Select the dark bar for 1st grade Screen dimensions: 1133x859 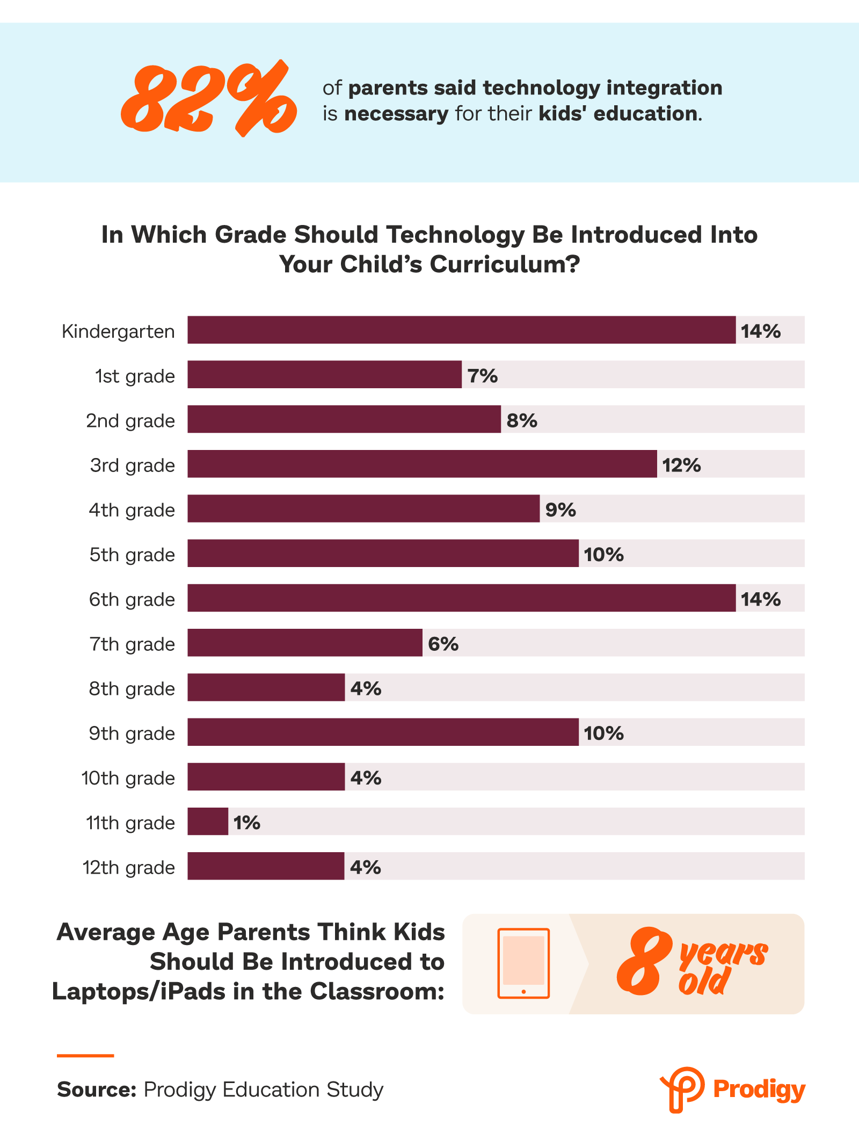tap(324, 374)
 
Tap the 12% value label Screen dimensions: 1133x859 tap(681, 465)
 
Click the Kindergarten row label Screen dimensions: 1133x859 tap(118, 331)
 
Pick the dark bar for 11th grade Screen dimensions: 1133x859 tap(207, 822)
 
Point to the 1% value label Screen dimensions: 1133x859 tap(246, 823)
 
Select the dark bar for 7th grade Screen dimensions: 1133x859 tap(304, 643)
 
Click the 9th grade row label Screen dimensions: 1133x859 tap(132, 733)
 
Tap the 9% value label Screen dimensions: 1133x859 tap(560, 510)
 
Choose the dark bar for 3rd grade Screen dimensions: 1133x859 tap(422, 464)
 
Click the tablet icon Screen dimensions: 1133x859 tap(523, 963)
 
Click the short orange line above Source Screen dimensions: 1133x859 tap(85, 1056)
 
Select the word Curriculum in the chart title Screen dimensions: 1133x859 tap(503, 264)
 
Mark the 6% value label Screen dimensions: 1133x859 tap(443, 644)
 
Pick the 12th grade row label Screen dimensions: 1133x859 tap(128, 868)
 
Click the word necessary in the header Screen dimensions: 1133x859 tap(396, 114)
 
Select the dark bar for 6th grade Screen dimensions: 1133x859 tap(461, 598)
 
